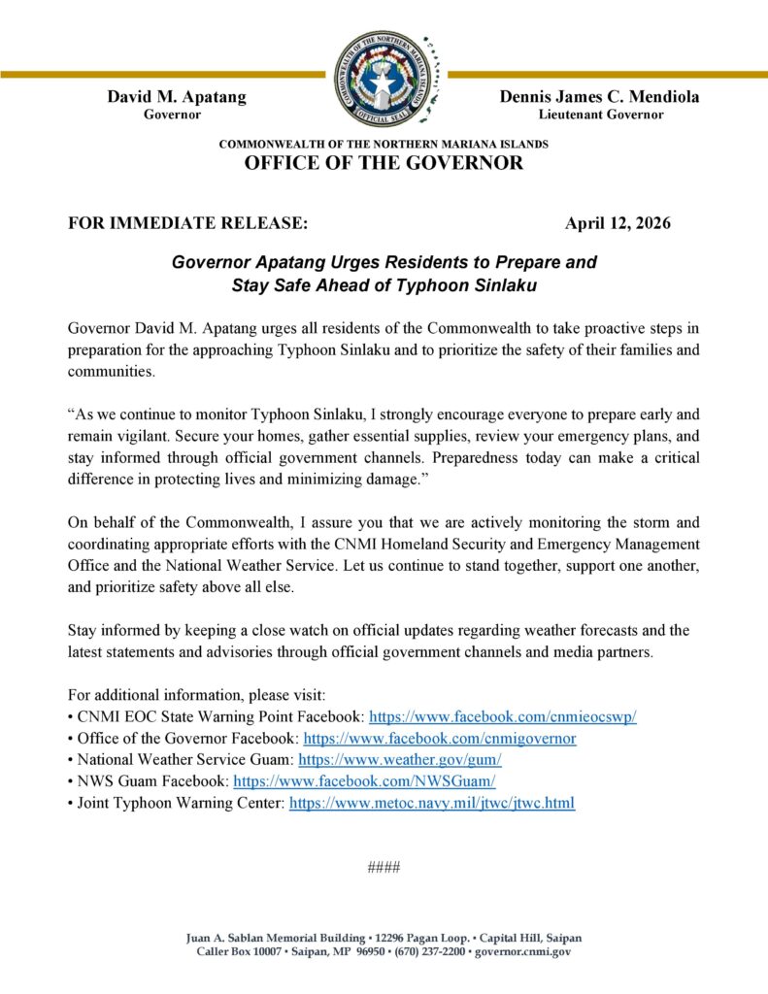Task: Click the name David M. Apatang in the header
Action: click(176, 96)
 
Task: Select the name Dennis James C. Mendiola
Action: click(599, 96)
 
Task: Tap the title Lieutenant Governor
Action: click(601, 115)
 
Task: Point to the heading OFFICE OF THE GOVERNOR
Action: click(384, 163)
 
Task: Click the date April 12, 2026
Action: click(618, 223)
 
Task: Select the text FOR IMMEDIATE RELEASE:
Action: click(188, 223)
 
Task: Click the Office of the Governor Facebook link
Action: click(440, 738)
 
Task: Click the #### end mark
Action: click(384, 867)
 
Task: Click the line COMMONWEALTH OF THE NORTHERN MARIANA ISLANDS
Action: click(384, 144)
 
